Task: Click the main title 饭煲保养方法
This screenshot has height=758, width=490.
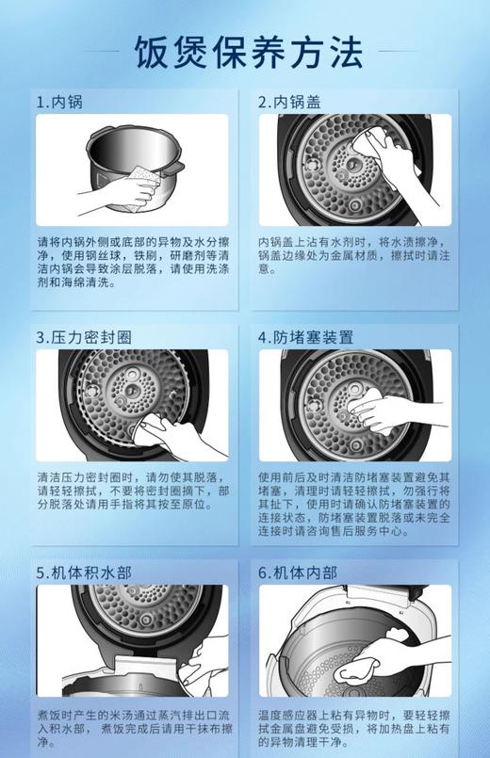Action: [x=248, y=52]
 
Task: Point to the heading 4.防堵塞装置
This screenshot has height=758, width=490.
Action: [x=306, y=337]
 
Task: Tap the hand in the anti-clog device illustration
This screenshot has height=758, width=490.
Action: [x=396, y=411]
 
